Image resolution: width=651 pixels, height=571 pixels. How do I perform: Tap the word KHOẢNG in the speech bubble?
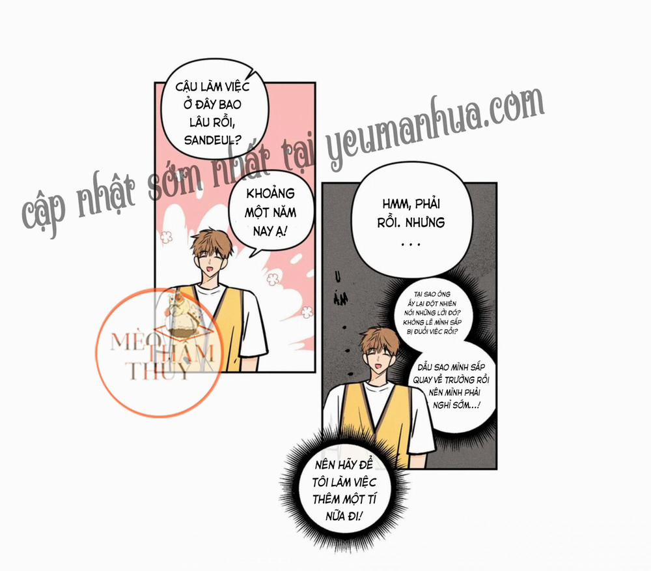pyautogui.click(x=270, y=194)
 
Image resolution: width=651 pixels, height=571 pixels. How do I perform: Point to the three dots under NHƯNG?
pyautogui.click(x=411, y=244)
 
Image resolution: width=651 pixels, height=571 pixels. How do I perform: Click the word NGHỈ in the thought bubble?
pyautogui.click(x=442, y=405)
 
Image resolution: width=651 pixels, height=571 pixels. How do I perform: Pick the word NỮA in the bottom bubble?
pyautogui.click(x=335, y=516)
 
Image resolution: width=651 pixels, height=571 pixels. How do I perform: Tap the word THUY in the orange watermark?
pyautogui.click(x=157, y=371)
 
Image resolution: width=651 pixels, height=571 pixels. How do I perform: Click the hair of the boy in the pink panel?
pyautogui.click(x=213, y=242)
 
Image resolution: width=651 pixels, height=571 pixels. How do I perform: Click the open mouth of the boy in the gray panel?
pyautogui.click(x=379, y=366)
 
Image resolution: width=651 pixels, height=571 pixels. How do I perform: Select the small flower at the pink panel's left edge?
pyautogui.click(x=166, y=237)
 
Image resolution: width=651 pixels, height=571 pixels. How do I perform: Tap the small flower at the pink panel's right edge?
pyautogui.click(x=307, y=312)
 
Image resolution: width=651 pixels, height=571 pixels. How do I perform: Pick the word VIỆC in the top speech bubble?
pyautogui.click(x=237, y=87)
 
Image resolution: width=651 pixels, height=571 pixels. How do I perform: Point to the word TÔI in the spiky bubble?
pyautogui.click(x=321, y=482)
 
